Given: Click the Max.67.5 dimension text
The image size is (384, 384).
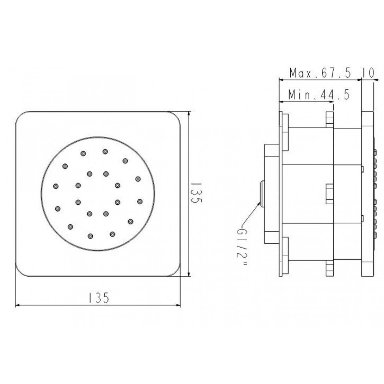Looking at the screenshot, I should (320, 73).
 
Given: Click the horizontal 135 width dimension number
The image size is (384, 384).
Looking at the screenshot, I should (98, 298).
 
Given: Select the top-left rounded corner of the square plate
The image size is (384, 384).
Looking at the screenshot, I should (22, 118).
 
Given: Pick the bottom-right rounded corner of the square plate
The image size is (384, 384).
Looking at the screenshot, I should (174, 270).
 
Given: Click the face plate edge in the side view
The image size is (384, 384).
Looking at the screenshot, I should (367, 194).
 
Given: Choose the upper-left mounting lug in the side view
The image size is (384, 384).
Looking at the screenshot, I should (285, 130).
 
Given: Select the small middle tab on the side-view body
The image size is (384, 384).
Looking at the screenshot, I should (329, 194).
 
